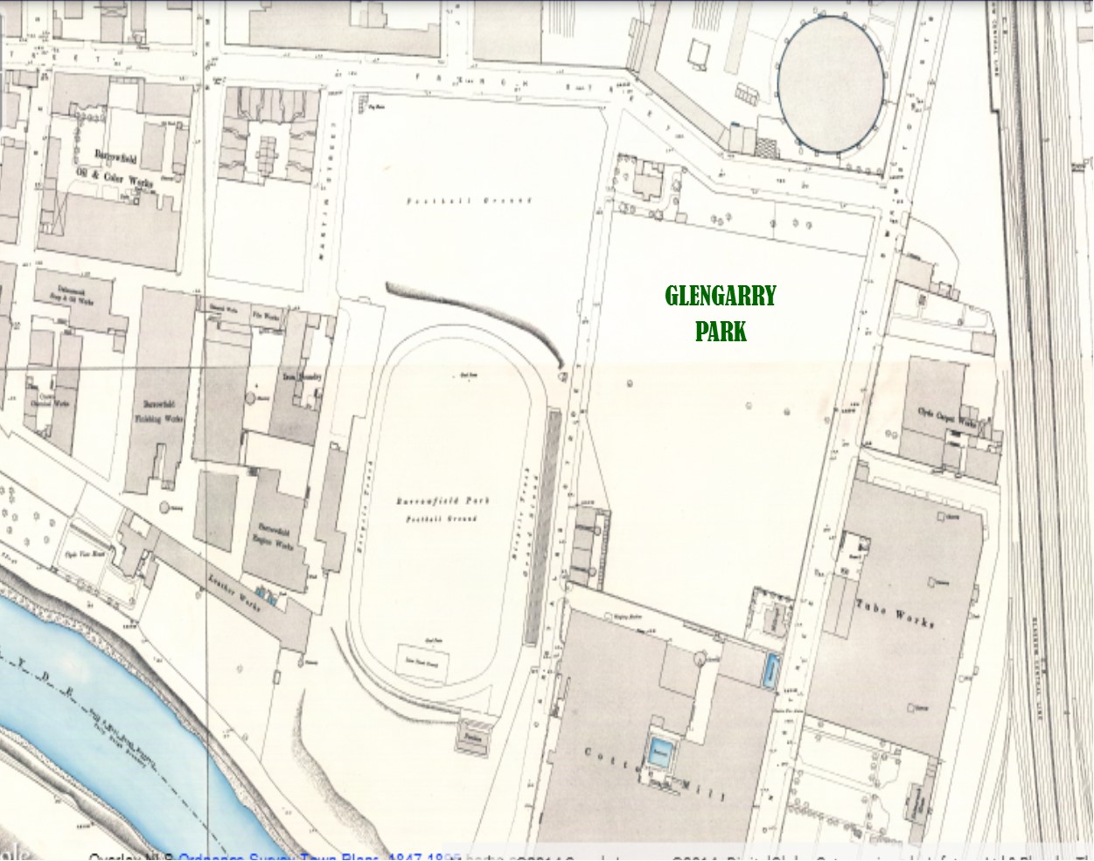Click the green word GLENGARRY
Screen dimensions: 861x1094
pos(720,296)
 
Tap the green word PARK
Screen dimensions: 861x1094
pos(721,332)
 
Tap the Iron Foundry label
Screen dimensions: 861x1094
pos(301,376)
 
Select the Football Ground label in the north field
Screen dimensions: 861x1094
pos(470,201)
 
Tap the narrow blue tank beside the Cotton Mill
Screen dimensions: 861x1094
pos(770,672)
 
